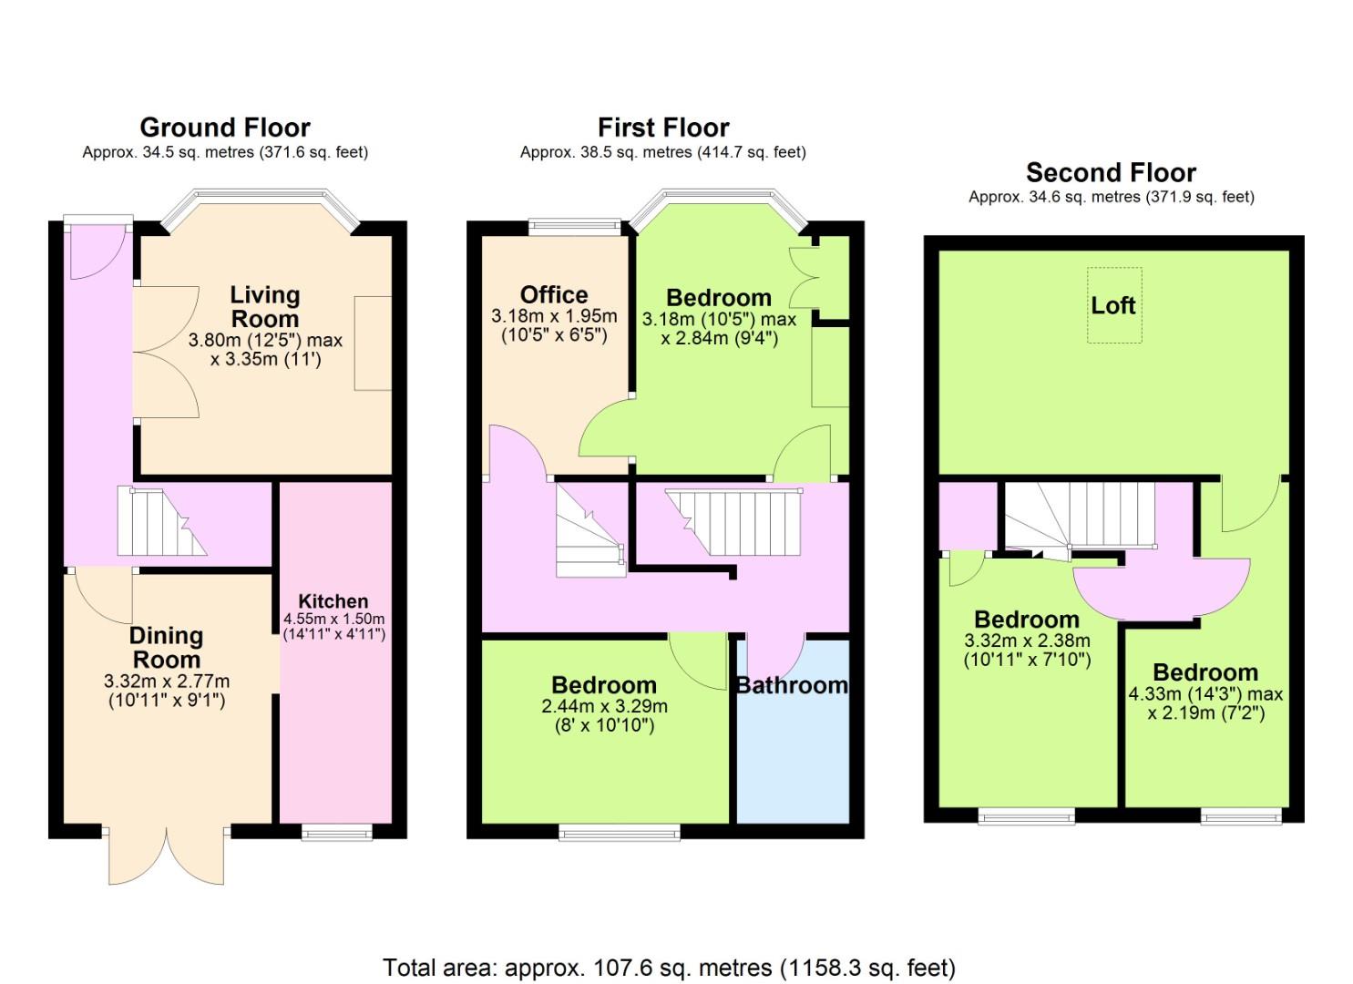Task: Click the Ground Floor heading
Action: click(x=225, y=128)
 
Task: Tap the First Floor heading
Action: click(x=663, y=128)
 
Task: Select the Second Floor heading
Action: click(x=1111, y=173)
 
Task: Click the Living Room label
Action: click(x=265, y=306)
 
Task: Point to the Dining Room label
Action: click(x=166, y=647)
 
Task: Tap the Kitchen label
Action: click(x=333, y=601)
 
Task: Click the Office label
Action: click(x=554, y=295)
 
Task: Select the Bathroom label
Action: click(x=792, y=685)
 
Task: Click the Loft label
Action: click(x=1113, y=305)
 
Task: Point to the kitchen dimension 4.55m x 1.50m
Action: click(x=334, y=619)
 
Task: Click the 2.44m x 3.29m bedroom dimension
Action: click(x=604, y=705)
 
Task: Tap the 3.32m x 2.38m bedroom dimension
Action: click(x=1027, y=640)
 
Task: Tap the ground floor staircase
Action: click(x=162, y=520)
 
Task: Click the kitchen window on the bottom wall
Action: click(x=337, y=835)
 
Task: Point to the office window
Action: click(x=574, y=227)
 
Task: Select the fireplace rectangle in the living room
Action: click(x=373, y=343)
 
